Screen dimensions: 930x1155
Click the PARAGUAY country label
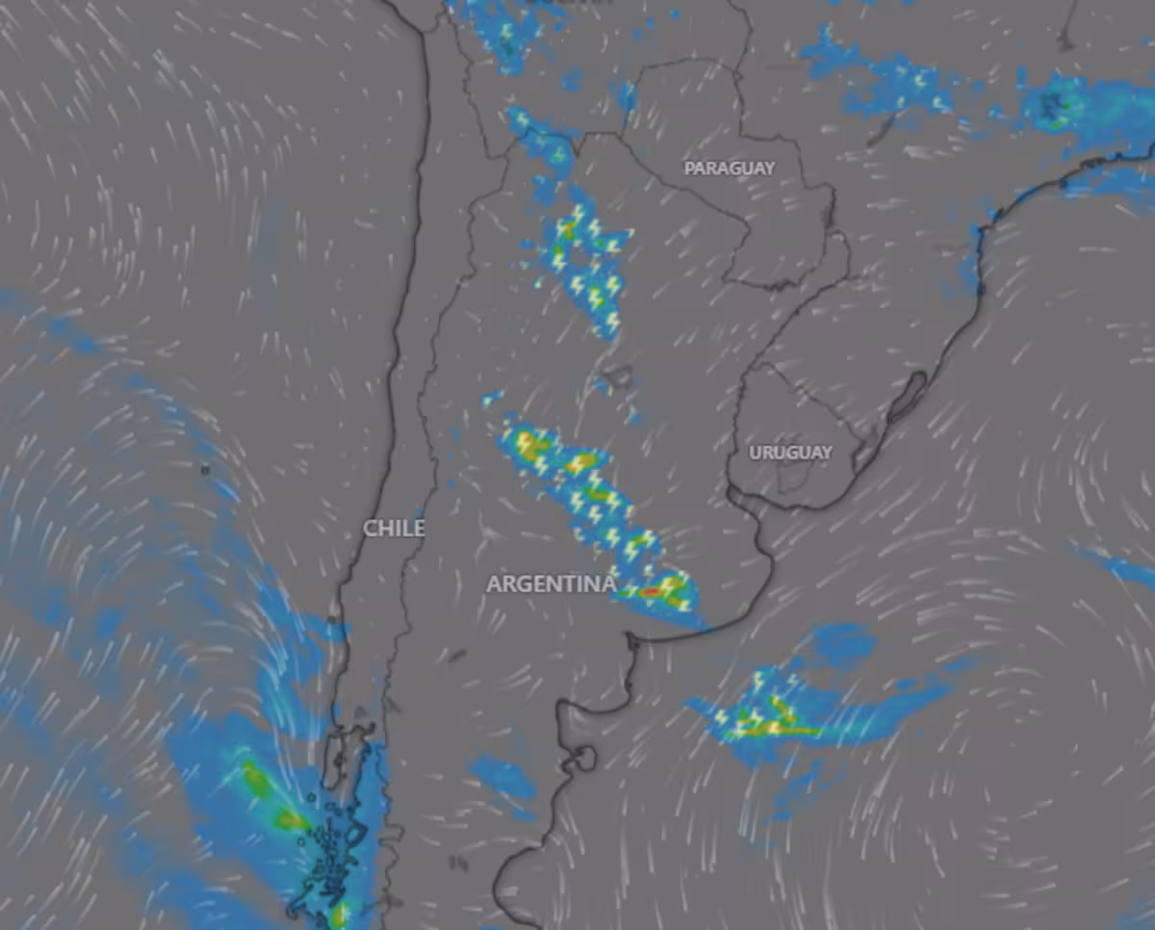tap(729, 168)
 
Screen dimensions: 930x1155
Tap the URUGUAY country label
tap(790, 452)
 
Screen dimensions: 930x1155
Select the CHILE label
tap(394, 529)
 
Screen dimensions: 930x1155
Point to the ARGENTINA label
tap(551, 584)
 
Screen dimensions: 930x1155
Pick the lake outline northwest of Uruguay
tap(617, 375)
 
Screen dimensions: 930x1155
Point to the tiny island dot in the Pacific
tap(205, 471)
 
